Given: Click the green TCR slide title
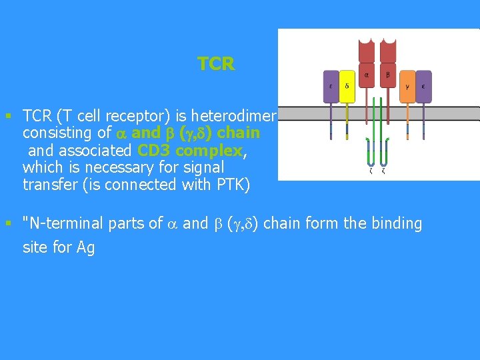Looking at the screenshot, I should (x=216, y=64).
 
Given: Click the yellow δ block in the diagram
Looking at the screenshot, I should (x=347, y=87).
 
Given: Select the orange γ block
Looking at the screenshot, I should (x=407, y=87).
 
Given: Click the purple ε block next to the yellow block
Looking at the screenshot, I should (x=331, y=87).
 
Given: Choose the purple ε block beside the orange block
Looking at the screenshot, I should (x=423, y=87).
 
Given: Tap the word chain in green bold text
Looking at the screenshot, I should (x=237, y=133).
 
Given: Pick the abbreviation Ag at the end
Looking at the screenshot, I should (x=86, y=248).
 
